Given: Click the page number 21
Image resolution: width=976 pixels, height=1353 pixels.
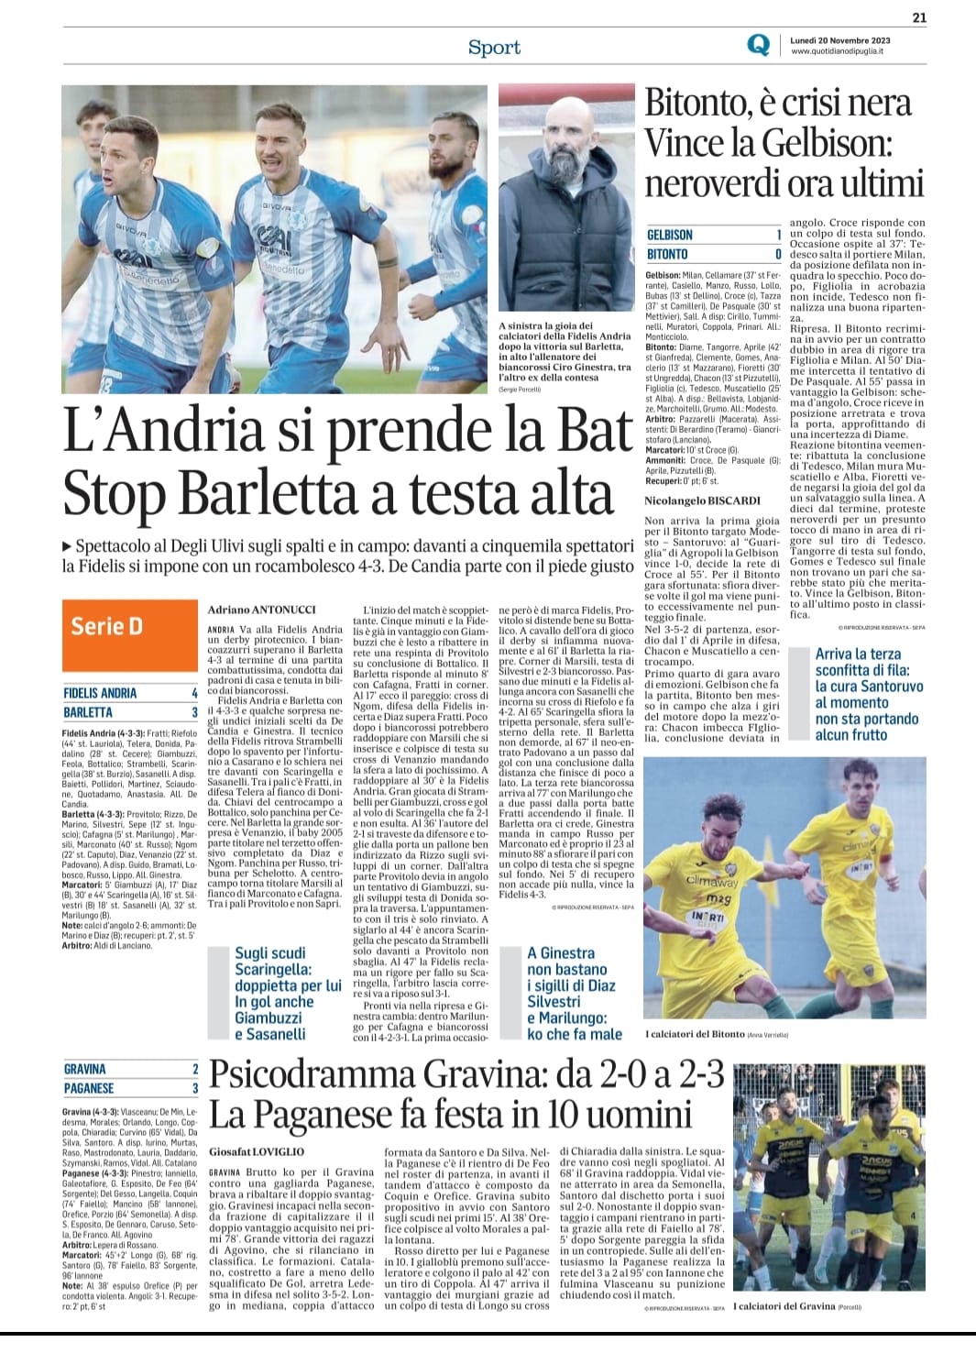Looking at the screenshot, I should pos(919,16).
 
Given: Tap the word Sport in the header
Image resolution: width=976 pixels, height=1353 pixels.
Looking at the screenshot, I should pos(494,48).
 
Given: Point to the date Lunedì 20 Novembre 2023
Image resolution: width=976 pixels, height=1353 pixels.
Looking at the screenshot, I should pos(839,40).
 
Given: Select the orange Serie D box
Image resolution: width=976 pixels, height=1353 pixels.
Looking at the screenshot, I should pos(128,627).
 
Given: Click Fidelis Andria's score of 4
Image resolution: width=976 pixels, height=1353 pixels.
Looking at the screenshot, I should pos(194,693).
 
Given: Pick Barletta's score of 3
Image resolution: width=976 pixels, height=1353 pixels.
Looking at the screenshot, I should pos(194,712).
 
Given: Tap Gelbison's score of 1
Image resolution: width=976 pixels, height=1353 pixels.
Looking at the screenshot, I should pos(778,236).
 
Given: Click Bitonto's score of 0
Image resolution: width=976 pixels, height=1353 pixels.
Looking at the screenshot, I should pos(778,254).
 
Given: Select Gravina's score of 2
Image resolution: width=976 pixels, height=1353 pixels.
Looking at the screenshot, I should pos(194,1069).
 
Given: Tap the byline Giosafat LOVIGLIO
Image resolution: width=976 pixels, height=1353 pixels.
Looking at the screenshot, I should pos(257,1150).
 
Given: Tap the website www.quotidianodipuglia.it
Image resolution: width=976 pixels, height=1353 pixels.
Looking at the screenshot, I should pos(837,52).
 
